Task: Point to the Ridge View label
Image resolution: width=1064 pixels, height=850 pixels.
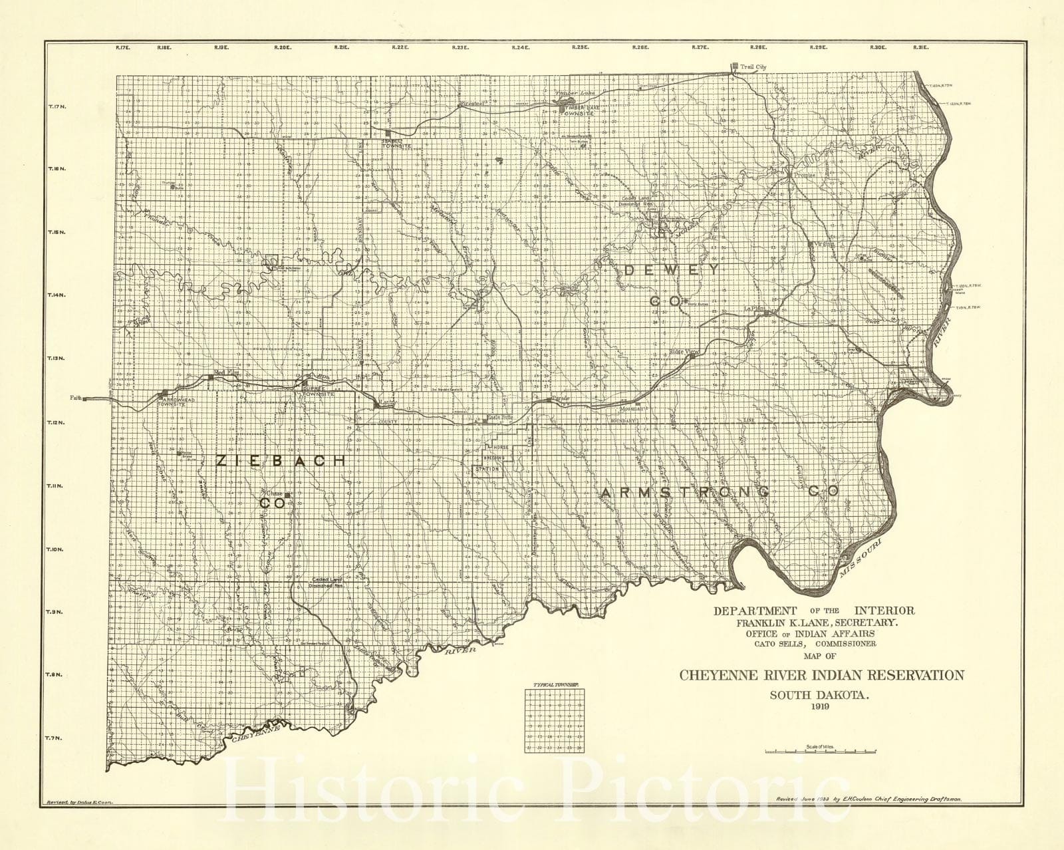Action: pyautogui.click(x=683, y=351)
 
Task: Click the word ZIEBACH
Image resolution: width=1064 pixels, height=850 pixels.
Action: pyautogui.click(x=280, y=461)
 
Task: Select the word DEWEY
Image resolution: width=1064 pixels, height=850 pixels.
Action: pyautogui.click(x=672, y=269)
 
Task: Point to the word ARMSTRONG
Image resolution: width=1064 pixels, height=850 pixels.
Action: pyautogui.click(x=686, y=492)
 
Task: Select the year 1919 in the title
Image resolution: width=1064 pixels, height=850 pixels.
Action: pyautogui.click(x=819, y=707)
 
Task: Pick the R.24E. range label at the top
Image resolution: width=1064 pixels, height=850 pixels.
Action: pyautogui.click(x=521, y=48)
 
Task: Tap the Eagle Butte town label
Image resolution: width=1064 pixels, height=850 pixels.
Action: pyautogui.click(x=499, y=418)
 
